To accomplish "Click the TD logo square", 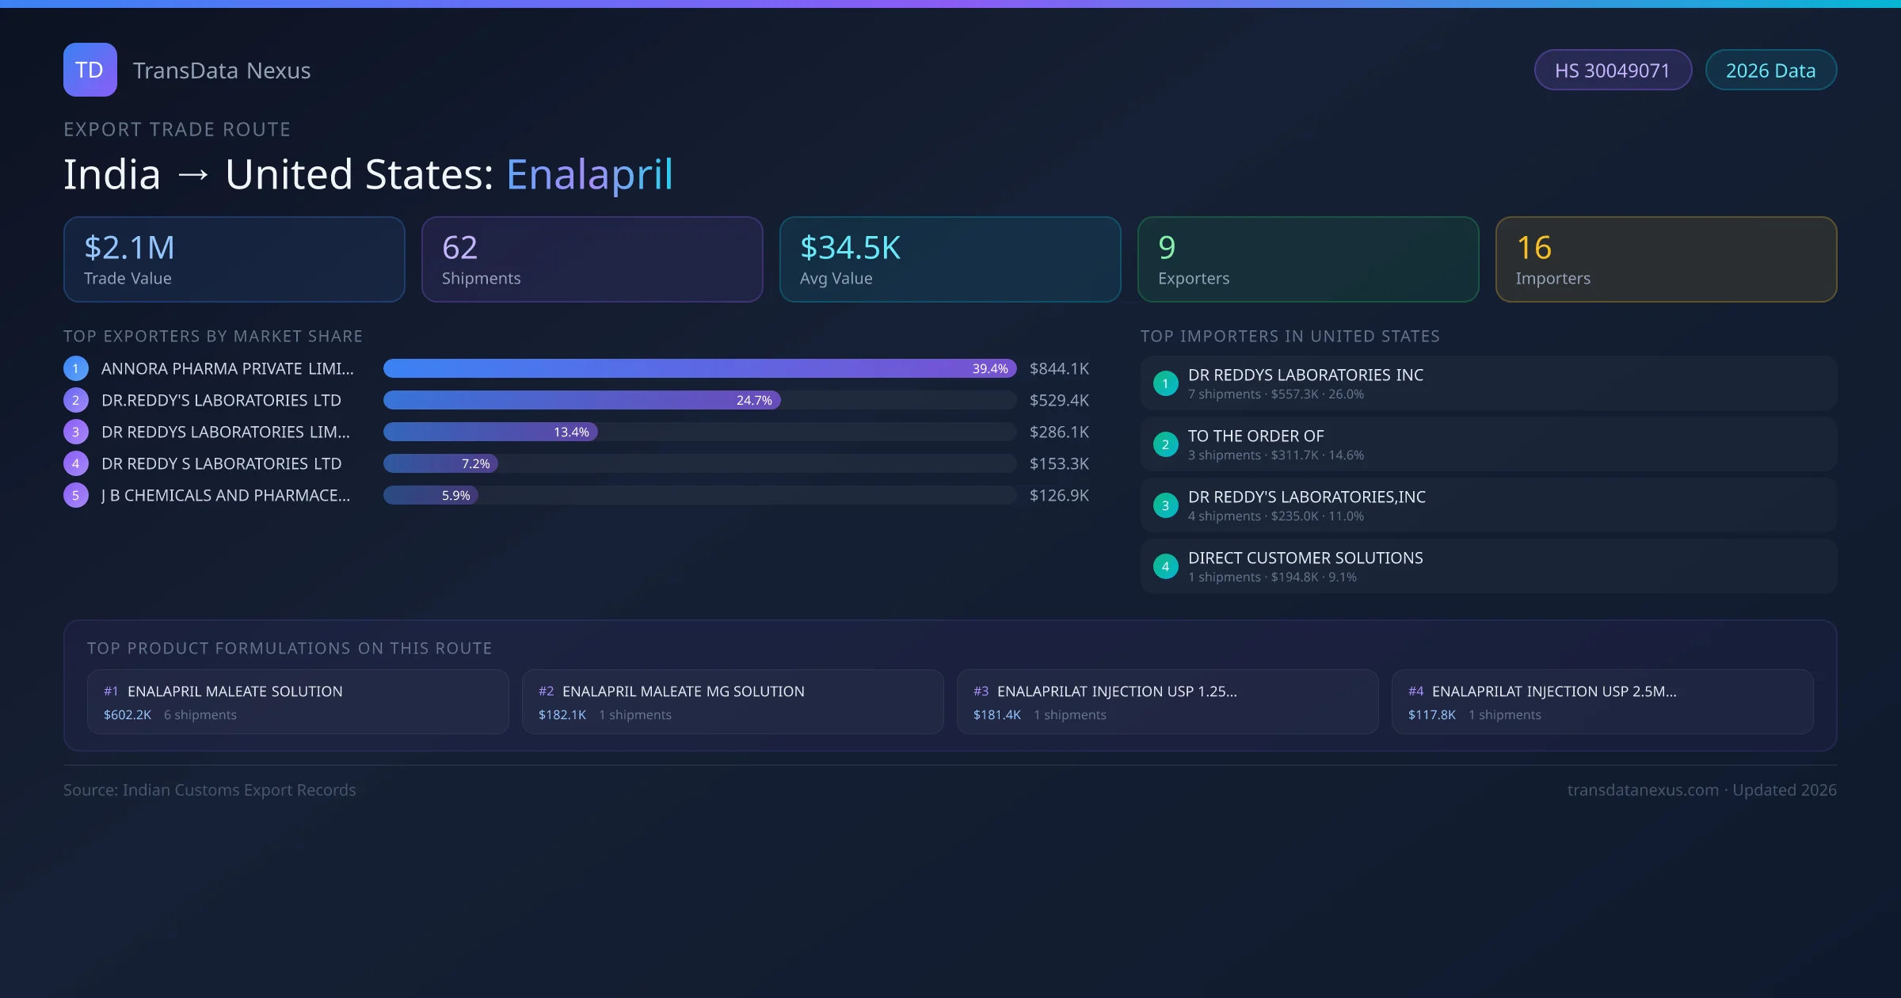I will pyautogui.click(x=90, y=70).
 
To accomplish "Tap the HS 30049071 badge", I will pyautogui.click(x=1612, y=70).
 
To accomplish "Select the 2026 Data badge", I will pyautogui.click(x=1770, y=70).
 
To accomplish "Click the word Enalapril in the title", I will pyautogui.click(x=589, y=174).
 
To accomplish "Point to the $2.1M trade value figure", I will pyautogui.click(x=129, y=248).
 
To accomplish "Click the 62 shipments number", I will pyautogui.click(x=459, y=248).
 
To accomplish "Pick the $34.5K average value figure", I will pyautogui.click(x=850, y=248).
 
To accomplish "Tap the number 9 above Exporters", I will pyautogui.click(x=1167, y=248).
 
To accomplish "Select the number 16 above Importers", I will pyautogui.click(x=1533, y=248).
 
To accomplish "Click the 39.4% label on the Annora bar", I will pyautogui.click(x=989, y=368).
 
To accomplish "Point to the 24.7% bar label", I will pyautogui.click(x=753, y=400).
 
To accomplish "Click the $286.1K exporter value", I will pyautogui.click(x=1059, y=432).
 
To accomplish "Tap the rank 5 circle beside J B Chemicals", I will pyautogui.click(x=76, y=495).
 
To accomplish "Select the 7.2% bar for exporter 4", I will pyautogui.click(x=441, y=463).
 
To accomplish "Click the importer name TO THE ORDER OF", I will pyautogui.click(x=1255, y=436).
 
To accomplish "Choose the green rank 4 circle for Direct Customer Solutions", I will pyautogui.click(x=1165, y=566).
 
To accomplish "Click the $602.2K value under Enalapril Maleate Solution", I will pyautogui.click(x=128, y=714).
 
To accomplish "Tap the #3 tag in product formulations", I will pyautogui.click(x=981, y=691).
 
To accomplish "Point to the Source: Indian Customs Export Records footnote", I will pyautogui.click(x=210, y=790).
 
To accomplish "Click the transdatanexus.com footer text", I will pyautogui.click(x=1643, y=790).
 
